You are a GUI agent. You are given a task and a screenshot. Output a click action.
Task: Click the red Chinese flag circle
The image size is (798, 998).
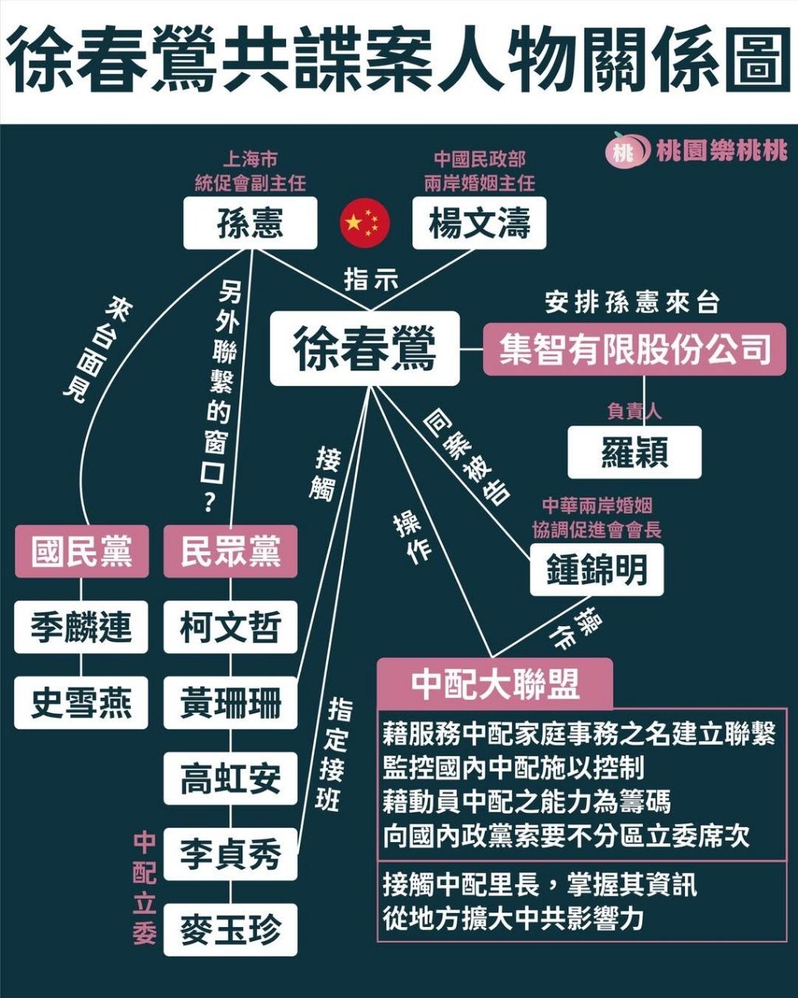tap(365, 223)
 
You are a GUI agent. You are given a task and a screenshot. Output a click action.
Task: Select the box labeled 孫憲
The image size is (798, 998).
tap(250, 223)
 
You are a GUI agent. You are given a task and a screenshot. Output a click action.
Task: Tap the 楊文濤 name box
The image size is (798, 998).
tap(479, 223)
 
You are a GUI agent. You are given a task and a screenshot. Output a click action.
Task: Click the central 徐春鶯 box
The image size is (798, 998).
tap(365, 349)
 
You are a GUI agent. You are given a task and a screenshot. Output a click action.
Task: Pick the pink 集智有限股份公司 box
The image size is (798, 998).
tap(635, 349)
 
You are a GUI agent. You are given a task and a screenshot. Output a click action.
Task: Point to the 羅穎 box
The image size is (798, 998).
tap(635, 452)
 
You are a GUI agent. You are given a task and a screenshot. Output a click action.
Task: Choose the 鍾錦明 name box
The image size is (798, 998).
tap(597, 569)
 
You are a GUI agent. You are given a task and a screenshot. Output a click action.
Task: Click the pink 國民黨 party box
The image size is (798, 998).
tap(82, 551)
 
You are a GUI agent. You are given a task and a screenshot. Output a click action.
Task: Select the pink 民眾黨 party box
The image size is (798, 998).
tap(231, 551)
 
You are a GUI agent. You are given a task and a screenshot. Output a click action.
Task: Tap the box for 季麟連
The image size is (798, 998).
tap(81, 627)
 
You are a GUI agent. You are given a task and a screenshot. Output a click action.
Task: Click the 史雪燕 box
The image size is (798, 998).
tap(81, 702)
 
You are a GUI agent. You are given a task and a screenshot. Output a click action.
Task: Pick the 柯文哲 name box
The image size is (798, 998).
tap(231, 627)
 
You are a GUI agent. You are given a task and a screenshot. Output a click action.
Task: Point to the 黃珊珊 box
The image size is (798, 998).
tap(231, 702)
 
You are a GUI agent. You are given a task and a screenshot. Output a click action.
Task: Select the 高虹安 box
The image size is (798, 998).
tap(231, 778)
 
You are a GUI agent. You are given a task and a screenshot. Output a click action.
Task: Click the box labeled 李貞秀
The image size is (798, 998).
tap(231, 854)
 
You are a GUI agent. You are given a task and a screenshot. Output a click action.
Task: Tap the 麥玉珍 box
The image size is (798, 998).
tap(231, 929)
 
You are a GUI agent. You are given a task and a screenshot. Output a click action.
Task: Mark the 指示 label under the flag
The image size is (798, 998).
tap(371, 281)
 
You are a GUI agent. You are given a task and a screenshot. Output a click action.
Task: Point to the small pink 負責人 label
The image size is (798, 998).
tap(634, 411)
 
